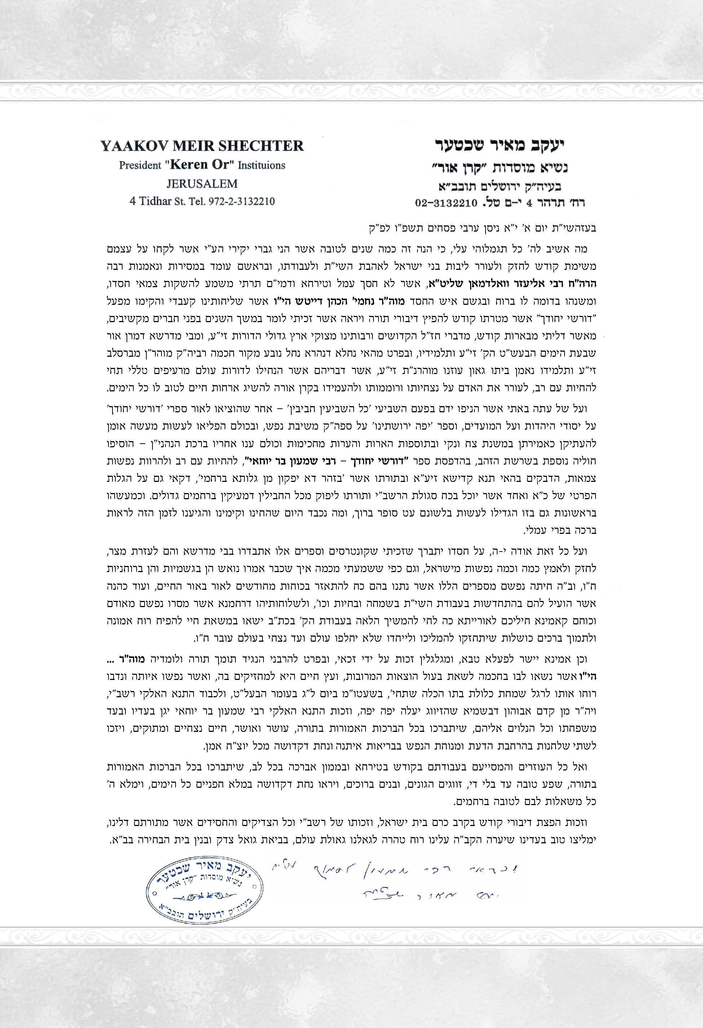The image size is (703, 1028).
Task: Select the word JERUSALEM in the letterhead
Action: point(202,184)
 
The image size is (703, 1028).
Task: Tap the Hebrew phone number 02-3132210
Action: point(447,203)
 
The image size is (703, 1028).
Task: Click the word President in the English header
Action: point(140,166)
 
